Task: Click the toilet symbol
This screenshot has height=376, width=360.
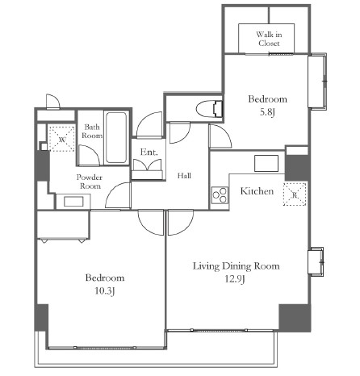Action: tap(209, 109)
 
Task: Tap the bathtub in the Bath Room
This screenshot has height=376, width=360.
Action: tap(116, 137)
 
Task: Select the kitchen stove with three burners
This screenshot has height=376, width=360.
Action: tap(220, 195)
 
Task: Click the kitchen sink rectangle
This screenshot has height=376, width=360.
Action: tap(266, 163)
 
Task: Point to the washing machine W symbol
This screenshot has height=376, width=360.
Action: tap(61, 138)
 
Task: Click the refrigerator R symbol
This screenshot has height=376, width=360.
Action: tap(295, 194)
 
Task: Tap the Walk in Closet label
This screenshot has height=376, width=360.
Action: tap(269, 39)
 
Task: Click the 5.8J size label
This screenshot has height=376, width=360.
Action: tap(267, 112)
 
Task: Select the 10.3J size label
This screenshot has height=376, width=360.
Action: tap(105, 290)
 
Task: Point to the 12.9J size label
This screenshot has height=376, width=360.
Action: tap(235, 279)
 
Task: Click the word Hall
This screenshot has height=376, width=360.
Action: tap(184, 176)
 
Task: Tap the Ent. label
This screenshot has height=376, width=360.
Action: tap(149, 152)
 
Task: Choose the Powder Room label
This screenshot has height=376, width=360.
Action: tap(90, 182)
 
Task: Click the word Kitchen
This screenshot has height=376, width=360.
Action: tap(257, 191)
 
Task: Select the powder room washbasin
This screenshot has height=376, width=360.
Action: tap(73, 201)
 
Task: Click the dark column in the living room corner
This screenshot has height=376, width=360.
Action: tap(295, 318)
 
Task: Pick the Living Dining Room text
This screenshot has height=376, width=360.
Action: tap(237, 266)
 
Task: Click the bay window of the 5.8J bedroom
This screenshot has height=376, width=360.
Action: tap(317, 81)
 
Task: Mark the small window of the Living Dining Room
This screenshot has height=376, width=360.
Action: tap(316, 261)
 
